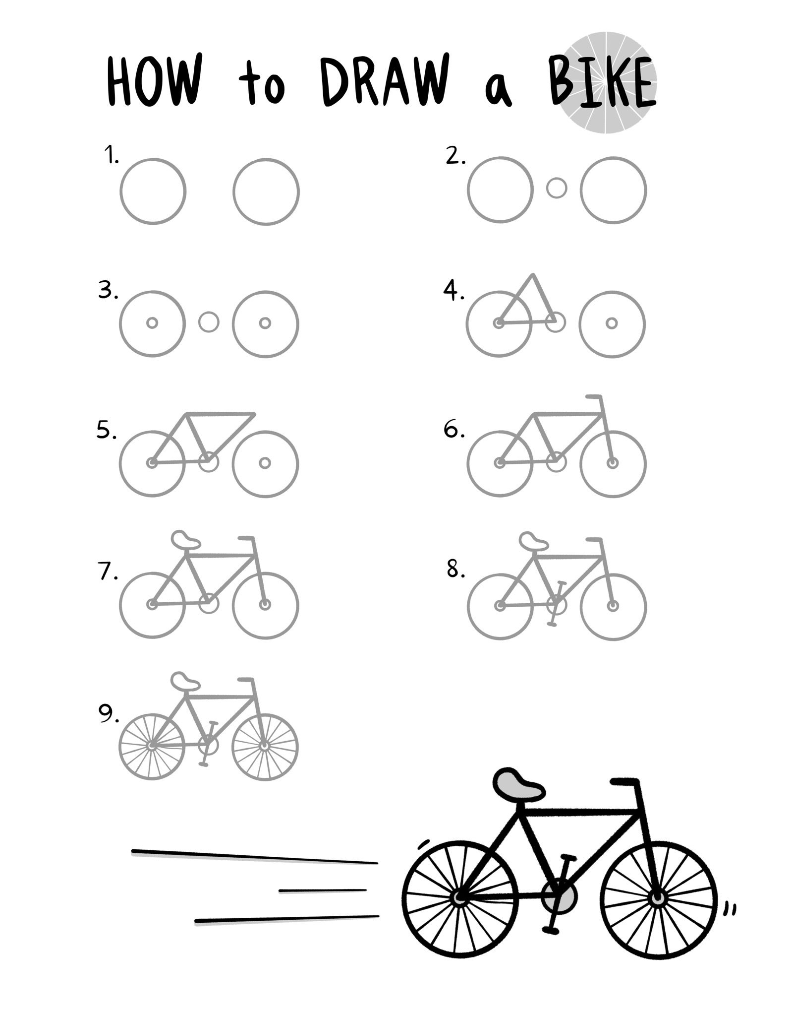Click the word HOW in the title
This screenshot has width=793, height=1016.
click(x=155, y=82)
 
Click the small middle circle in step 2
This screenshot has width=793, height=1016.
click(x=557, y=189)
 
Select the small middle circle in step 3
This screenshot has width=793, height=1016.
click(x=209, y=322)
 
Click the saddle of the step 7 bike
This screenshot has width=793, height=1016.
click(x=185, y=540)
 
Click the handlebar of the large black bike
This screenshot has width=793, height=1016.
click(x=625, y=796)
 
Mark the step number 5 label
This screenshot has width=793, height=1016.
click(x=106, y=431)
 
